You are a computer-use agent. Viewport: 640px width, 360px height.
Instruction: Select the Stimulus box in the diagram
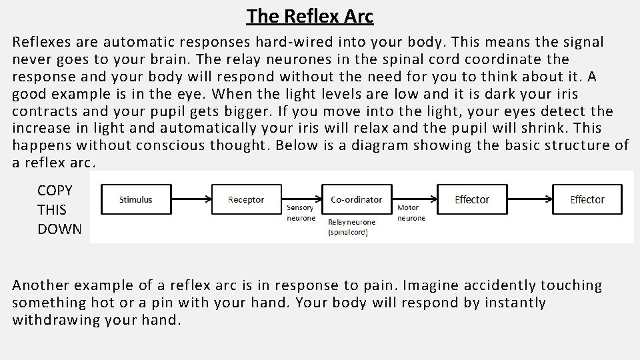(136, 199)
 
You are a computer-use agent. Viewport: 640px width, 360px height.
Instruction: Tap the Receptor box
(246, 199)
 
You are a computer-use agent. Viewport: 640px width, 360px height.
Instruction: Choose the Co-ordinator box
(357, 199)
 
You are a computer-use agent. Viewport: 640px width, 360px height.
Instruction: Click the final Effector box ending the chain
(587, 199)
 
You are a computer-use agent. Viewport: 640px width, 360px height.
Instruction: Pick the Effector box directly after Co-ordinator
(472, 199)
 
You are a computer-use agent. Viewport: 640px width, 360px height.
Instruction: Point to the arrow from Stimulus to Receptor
(191, 199)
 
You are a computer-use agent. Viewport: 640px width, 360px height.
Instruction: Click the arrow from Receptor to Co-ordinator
(301, 199)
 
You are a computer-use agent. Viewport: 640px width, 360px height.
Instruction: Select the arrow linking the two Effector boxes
(529, 199)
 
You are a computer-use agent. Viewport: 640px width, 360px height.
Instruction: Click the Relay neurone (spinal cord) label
(351, 227)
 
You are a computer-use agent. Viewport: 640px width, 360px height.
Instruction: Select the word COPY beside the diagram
(55, 190)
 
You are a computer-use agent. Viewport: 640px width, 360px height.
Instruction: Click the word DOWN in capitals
(59, 229)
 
